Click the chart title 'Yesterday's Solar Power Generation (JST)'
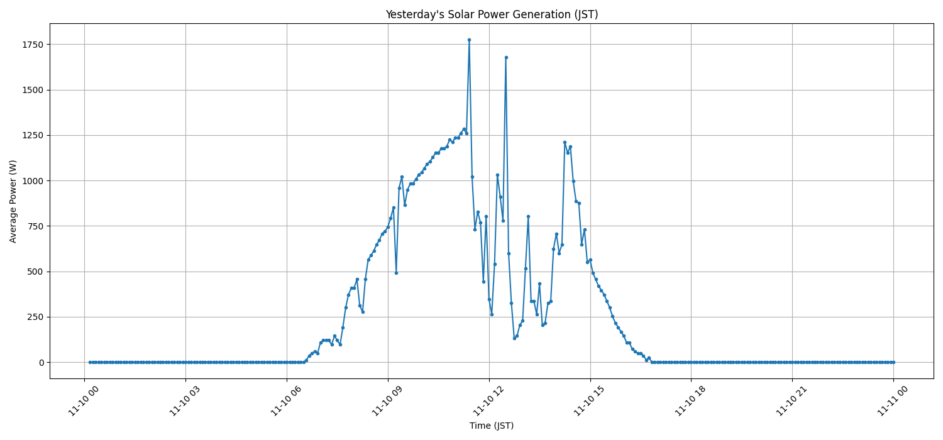[492, 14]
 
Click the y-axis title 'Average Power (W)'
[13, 201]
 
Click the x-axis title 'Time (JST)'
[492, 426]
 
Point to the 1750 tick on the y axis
[34, 45]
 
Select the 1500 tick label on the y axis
[34, 90]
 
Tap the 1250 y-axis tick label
[34, 135]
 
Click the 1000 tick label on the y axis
[34, 181]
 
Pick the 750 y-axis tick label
[36, 226]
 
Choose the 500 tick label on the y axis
[36, 272]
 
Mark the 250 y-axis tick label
[36, 317]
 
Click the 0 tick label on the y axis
[41, 363]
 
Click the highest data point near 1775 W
[469, 40]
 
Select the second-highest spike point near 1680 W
[506, 57]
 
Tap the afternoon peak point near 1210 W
[565, 142]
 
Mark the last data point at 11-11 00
[893, 362]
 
